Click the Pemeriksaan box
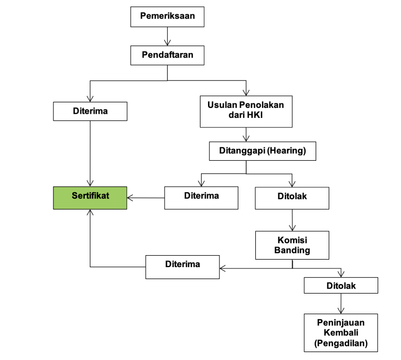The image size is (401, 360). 168,16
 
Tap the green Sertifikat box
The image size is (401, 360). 90,198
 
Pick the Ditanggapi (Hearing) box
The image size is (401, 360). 261,150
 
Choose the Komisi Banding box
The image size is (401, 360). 292,245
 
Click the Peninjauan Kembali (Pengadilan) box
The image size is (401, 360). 341,333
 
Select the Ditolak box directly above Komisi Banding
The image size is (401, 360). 292,198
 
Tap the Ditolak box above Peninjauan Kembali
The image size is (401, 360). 341,285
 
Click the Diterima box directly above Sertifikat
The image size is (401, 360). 90,110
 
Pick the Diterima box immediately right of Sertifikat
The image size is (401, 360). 201,198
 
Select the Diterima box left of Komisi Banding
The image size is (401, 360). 183,267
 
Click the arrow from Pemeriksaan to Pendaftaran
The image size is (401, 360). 168,35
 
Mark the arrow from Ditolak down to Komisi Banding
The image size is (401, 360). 292,220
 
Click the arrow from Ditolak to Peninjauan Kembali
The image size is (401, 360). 341,303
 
